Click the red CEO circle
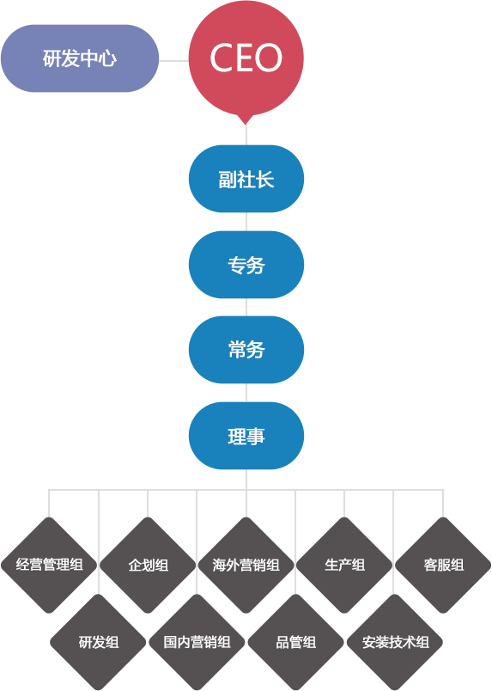(246, 58)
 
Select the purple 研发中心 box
(80, 58)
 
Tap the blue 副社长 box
(246, 179)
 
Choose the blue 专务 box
(246, 265)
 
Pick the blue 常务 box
(246, 350)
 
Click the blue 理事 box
(246, 436)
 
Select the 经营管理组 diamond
(49, 565)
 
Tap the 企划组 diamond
(148, 565)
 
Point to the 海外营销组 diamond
(246, 565)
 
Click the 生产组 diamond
(344, 565)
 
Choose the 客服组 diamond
(443, 565)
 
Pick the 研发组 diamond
(98, 642)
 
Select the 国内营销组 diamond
(197, 642)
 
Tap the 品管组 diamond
(295, 642)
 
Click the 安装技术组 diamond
(395, 642)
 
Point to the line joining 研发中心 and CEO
(174, 61)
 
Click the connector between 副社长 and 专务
(246, 222)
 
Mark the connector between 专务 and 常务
(246, 307)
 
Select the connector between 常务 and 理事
(246, 393)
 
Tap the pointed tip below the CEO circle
(246, 125)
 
